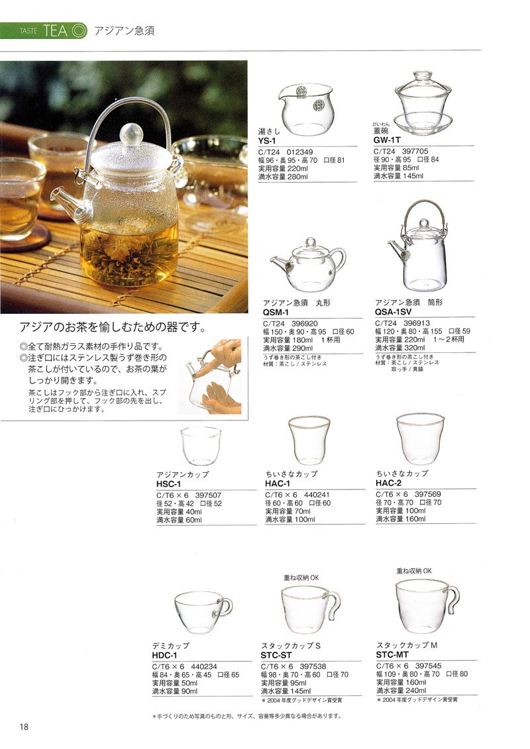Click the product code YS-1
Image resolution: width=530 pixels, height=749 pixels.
point(268,140)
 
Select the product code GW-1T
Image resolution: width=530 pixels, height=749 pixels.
point(386,140)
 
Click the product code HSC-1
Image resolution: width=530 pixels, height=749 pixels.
point(168,484)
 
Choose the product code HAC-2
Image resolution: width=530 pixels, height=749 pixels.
point(389,483)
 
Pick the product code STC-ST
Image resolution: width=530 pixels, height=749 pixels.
point(278,654)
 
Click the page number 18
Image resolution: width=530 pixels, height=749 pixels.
point(24,726)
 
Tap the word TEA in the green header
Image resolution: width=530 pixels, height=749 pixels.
point(56,30)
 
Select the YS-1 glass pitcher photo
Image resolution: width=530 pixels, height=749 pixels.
point(306,109)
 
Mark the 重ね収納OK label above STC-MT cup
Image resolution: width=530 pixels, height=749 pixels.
point(414,570)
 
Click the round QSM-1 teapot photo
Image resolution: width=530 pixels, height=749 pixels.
point(308,266)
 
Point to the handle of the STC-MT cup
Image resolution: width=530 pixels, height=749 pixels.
point(452,599)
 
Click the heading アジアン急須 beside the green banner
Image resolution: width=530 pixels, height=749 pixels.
point(124,31)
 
